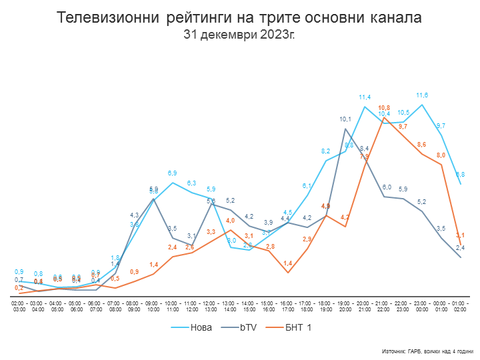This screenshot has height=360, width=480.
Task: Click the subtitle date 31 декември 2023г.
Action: tap(239, 33)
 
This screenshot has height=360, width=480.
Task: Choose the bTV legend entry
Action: tap(249, 327)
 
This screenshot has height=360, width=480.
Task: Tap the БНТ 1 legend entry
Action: tap(297, 327)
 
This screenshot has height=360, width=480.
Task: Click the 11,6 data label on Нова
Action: tap(422, 95)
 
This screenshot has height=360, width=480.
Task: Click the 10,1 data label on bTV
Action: tap(345, 119)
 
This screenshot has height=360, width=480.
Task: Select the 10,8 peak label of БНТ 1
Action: tap(384, 107)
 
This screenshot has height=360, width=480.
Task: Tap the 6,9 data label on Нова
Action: tap(172, 173)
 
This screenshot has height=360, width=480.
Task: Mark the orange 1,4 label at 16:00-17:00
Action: tap(288, 263)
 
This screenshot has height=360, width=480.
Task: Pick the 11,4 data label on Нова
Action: tap(365, 97)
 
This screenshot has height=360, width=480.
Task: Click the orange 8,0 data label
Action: tap(441, 155)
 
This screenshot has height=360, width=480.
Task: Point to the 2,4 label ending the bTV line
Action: tap(460, 248)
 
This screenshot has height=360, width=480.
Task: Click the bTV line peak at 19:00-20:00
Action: tap(345, 129)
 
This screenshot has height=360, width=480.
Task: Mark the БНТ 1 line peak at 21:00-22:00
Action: tap(384, 117)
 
